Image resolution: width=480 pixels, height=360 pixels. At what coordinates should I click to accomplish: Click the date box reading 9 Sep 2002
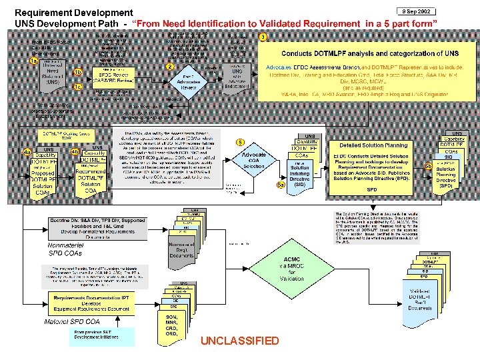417,11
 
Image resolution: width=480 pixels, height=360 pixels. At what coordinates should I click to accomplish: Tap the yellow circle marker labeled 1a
33,61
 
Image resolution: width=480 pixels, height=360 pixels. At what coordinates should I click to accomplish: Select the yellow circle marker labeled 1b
77,72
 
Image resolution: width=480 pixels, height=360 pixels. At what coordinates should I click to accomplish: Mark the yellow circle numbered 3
264,36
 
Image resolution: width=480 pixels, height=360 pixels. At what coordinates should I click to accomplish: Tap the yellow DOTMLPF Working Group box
67,135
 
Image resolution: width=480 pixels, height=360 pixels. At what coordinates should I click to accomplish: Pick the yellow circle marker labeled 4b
75,152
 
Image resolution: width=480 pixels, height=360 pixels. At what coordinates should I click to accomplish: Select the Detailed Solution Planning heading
373,145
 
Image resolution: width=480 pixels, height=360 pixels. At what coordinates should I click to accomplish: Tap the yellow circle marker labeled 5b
428,166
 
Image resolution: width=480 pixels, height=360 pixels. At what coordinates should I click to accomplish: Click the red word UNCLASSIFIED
239,341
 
